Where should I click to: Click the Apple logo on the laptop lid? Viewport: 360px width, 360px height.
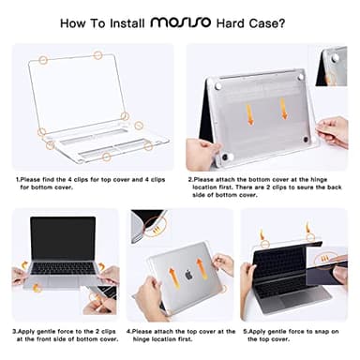187,276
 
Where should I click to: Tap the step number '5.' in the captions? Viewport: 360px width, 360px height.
245,331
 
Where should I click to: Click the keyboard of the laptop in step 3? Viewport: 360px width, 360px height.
64,268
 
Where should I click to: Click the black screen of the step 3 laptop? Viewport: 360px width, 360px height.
64,239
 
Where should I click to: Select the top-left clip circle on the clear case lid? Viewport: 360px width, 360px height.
43,60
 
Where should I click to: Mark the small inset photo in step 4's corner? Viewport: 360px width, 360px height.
146,225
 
